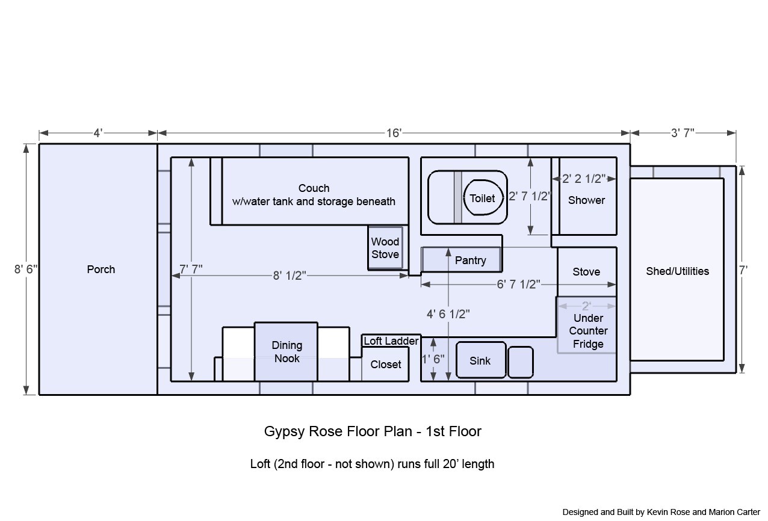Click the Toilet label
482,199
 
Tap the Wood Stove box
385,248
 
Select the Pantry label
470,260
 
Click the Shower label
586,200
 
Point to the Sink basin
481,360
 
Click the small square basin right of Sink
520,362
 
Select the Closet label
386,365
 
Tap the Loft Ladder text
391,341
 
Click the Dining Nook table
286,352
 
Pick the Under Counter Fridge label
588,331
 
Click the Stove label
586,272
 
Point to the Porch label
101,269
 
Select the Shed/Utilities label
677,271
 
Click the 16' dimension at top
394,133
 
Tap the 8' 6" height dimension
26,270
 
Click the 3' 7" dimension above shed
683,133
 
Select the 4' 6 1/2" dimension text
449,313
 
